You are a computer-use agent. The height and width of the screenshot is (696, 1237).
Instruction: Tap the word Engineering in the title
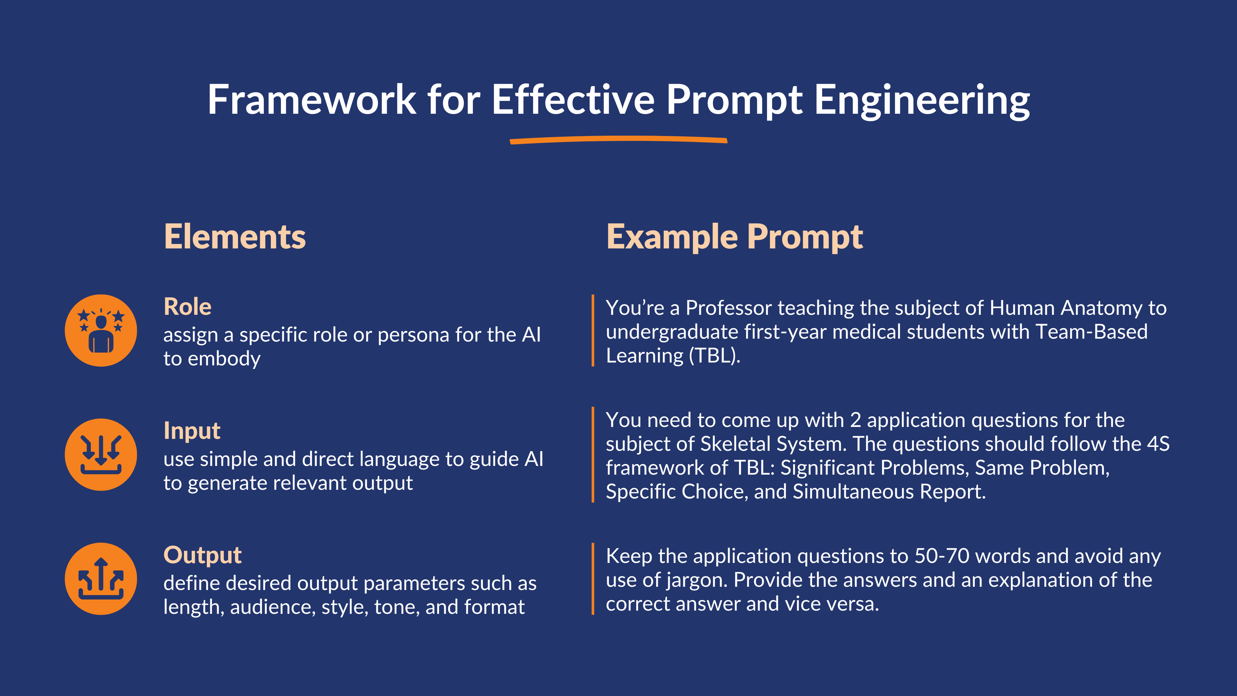pyautogui.click(x=922, y=101)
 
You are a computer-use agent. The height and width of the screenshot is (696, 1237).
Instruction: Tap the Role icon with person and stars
pyautogui.click(x=101, y=331)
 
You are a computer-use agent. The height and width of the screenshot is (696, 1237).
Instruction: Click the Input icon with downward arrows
pyautogui.click(x=101, y=454)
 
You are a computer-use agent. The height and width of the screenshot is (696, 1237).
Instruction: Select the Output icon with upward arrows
pyautogui.click(x=101, y=579)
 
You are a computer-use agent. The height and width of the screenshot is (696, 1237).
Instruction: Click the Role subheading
pyautogui.click(x=187, y=306)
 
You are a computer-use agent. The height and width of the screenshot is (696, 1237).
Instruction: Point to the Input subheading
pyautogui.click(x=192, y=430)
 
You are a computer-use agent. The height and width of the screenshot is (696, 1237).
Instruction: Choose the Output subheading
pyautogui.click(x=202, y=555)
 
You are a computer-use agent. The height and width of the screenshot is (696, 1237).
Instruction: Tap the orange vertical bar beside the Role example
pyautogui.click(x=593, y=331)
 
